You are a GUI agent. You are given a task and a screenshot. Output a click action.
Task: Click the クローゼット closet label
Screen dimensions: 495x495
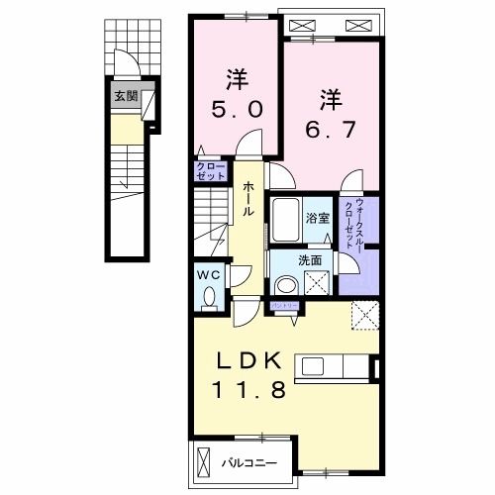[x=211, y=170]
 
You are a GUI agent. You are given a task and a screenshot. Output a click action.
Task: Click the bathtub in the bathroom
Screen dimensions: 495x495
[x=286, y=218]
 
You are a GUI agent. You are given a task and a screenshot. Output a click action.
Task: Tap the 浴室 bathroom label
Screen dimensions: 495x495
[x=317, y=218]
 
